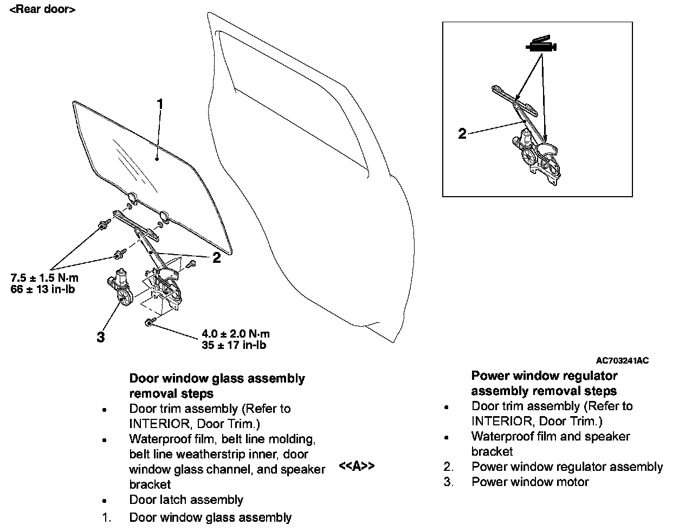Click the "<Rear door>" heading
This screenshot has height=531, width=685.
tap(42, 9)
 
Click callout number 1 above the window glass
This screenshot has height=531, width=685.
tap(160, 103)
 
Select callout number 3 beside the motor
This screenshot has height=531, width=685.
tap(100, 337)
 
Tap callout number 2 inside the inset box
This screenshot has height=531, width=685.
tap(462, 133)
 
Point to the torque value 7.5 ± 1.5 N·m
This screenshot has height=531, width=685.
tap(44, 278)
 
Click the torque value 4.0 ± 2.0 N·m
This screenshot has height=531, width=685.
tap(235, 334)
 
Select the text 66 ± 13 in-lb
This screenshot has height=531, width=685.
tap(42, 289)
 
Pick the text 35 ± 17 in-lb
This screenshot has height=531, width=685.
tap(234, 345)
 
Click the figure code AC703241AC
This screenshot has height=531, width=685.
tap(622, 361)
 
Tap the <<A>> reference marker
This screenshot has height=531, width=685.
tap(356, 466)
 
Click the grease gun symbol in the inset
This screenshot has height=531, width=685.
tap(541, 46)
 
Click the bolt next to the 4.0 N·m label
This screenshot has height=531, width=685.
tap(149, 323)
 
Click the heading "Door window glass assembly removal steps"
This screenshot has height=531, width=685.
tap(217, 386)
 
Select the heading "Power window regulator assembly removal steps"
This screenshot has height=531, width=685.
tap(544, 383)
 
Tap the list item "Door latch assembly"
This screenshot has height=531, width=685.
tap(186, 500)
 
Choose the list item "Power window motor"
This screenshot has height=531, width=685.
tap(530, 482)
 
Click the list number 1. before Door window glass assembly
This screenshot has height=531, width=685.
tap(107, 518)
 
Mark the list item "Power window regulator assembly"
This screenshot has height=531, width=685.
tap(567, 467)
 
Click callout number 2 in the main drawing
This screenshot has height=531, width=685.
tap(216, 258)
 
